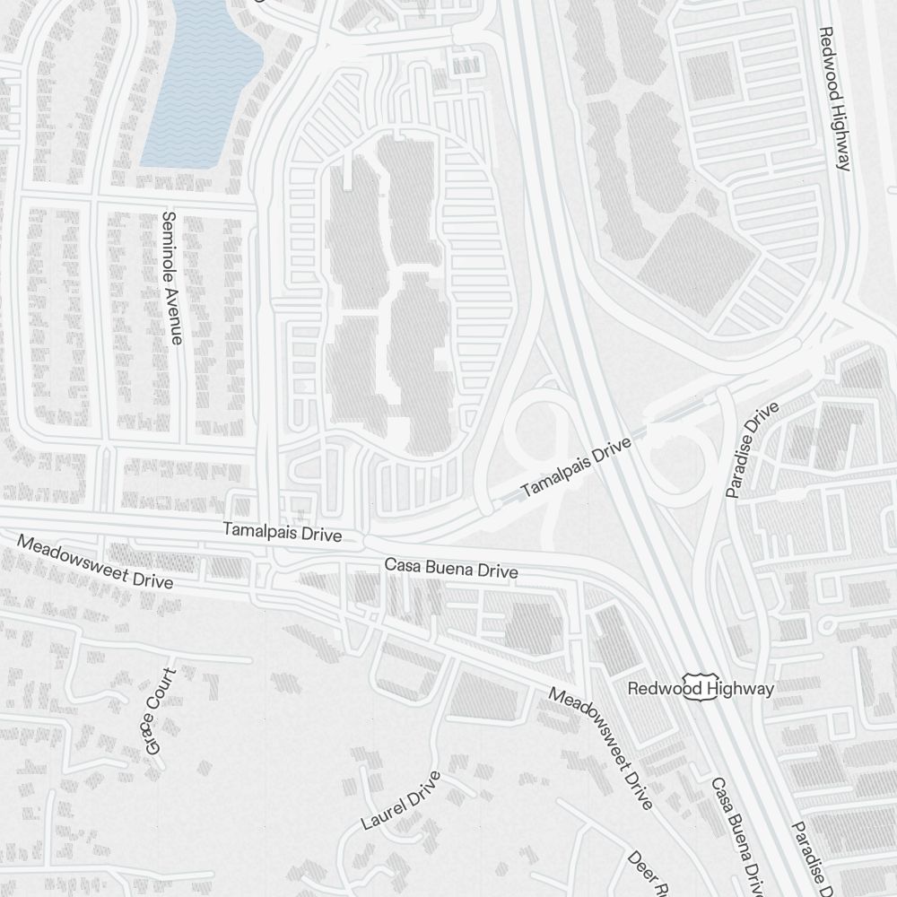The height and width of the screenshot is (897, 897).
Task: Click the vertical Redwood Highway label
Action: tap(834, 98)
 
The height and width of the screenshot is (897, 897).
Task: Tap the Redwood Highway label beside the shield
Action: tap(701, 689)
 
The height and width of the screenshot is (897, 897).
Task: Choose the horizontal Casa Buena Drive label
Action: tap(451, 569)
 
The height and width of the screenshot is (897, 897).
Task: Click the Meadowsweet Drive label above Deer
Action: tap(600, 748)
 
